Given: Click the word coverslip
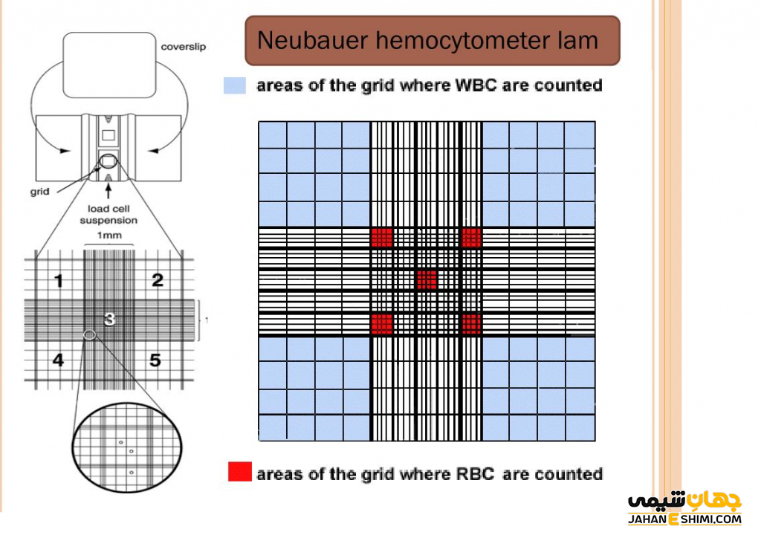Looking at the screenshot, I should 184,47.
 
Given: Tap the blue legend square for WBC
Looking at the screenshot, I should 234,85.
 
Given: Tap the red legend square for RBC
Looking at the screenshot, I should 239,472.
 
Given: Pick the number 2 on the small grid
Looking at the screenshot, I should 157,280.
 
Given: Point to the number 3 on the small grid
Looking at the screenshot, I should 109,319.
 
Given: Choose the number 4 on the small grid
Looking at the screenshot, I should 58,360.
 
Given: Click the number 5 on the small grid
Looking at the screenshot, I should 155,360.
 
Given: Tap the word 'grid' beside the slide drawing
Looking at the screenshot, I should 40,191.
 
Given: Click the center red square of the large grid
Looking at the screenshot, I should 427,279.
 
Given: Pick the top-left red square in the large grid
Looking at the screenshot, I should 381,237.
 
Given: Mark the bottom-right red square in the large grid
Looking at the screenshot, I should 472,323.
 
